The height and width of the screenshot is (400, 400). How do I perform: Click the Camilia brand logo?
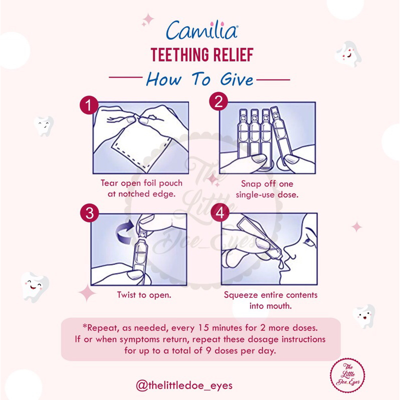tap(202, 30)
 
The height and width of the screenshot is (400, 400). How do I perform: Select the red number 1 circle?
tap(89, 105)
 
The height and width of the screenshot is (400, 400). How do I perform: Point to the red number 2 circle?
tap(218, 101)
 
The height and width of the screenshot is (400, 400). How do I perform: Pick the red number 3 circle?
tap(89, 213)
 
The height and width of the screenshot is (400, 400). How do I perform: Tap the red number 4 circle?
tap(220, 212)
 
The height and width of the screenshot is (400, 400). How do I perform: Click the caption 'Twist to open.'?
tap(144, 295)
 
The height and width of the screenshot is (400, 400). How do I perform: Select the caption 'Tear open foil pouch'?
tap(141, 183)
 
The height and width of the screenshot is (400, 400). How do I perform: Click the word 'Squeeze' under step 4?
tap(241, 295)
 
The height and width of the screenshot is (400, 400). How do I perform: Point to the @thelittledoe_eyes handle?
tap(184, 385)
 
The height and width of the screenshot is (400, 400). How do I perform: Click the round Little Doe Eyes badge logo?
tap(347, 375)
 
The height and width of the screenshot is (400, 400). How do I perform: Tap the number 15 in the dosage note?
tap(203, 327)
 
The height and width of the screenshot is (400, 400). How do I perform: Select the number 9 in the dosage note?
tap(208, 350)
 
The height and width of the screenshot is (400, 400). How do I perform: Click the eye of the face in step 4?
tap(308, 241)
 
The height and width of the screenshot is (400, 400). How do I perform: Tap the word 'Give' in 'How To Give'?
tap(236, 79)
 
